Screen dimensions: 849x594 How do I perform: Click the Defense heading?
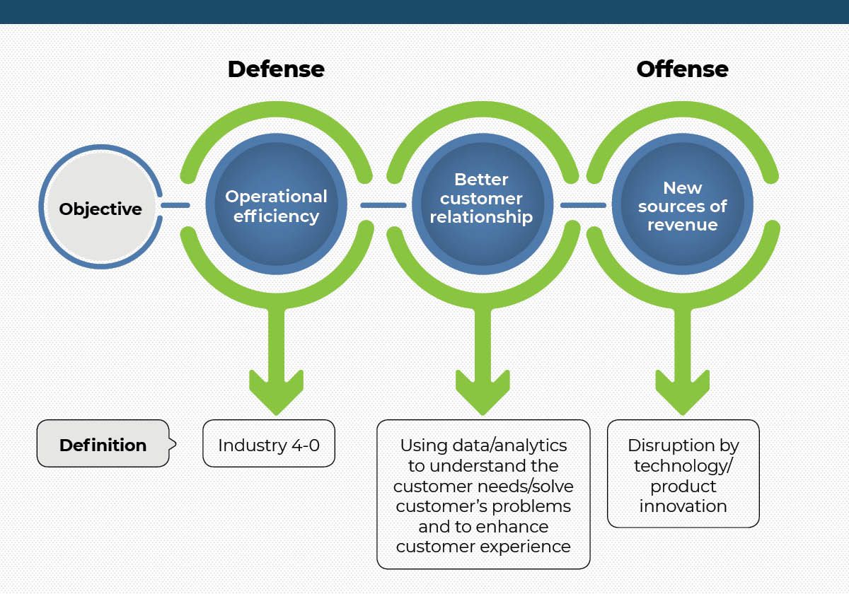pos(276,69)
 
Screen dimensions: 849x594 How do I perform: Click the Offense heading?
pos(682,69)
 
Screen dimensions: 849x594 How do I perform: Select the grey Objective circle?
pos(100,206)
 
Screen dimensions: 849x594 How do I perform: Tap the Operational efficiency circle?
pos(277,204)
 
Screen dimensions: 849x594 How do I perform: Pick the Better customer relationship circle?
pos(483,204)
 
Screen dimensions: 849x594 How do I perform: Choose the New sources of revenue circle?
pos(682,204)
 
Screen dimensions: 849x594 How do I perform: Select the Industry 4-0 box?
pos(269,443)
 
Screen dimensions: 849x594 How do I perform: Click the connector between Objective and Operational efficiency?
pos(175,205)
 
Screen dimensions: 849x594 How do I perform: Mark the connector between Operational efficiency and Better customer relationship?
pos(383,205)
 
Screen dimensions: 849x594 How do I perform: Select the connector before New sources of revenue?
pos(583,205)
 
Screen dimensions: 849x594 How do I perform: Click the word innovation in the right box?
pos(683,506)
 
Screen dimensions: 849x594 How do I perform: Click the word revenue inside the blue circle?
pos(682,225)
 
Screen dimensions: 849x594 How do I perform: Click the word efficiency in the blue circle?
pos(276,216)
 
